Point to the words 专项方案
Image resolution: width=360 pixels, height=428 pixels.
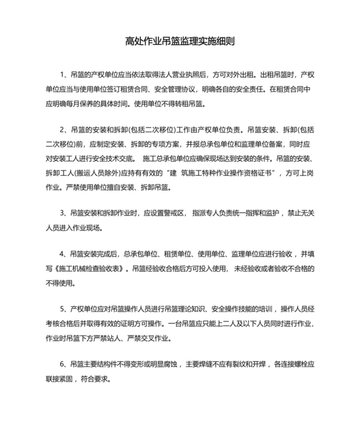(x=170, y=144)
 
